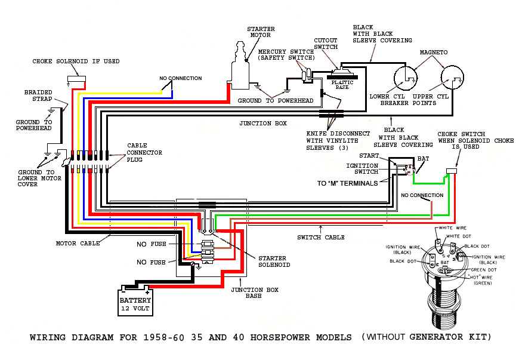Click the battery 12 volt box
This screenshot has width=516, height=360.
(135, 304)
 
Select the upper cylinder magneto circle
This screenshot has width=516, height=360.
(452, 79)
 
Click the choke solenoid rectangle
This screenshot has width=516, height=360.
(75, 79)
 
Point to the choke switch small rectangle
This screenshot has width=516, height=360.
(451, 172)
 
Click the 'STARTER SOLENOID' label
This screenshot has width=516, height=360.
(274, 261)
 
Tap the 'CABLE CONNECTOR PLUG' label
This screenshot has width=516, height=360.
(144, 153)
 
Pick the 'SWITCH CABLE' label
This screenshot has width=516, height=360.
(321, 237)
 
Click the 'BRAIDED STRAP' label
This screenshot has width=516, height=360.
(38, 97)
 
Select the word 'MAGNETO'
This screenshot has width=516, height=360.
(433, 53)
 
